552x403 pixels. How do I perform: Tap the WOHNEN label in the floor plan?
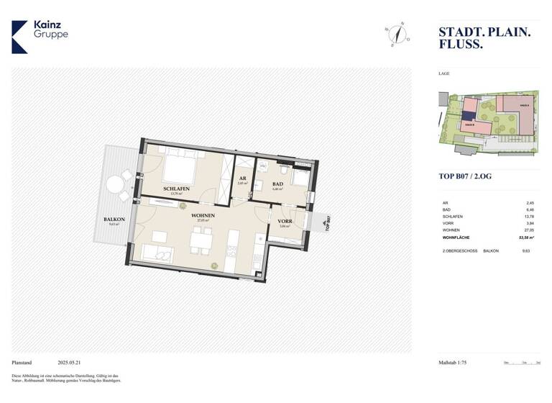point(203,215)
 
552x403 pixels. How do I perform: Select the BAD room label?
point(277,184)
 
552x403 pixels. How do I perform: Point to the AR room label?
point(242,178)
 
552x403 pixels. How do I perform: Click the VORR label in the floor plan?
point(284,222)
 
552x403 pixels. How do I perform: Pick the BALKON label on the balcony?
point(114,219)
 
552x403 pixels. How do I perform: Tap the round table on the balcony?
point(114,185)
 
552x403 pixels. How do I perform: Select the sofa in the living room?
point(156,253)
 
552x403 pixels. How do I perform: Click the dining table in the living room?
point(201,240)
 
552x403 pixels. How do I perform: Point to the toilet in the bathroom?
point(285,171)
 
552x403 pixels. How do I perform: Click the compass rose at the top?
point(396,34)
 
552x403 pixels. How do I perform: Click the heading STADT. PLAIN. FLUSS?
point(484,37)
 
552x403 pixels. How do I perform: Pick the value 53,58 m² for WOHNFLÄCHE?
point(524,235)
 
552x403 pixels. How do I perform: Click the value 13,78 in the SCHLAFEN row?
point(530,216)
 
